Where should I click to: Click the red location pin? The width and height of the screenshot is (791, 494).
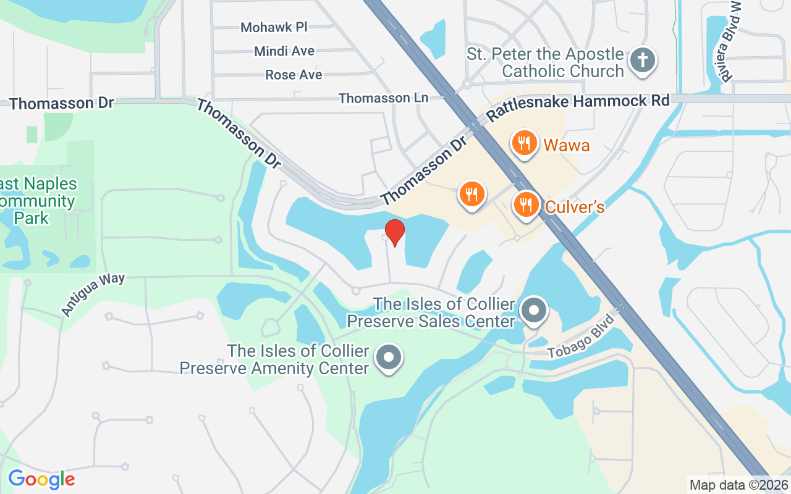[394, 232]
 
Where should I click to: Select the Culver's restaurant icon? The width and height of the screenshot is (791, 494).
[526, 203]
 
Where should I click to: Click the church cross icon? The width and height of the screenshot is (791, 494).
[642, 60]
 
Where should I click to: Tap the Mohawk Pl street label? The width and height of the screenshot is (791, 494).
[274, 27]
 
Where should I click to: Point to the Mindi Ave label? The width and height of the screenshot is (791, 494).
[284, 51]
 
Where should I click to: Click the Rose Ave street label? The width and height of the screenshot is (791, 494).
[294, 75]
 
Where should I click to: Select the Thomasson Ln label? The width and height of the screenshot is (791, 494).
[383, 98]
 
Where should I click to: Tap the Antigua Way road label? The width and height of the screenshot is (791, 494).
[93, 295]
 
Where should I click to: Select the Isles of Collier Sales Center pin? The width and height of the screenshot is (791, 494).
[535, 311]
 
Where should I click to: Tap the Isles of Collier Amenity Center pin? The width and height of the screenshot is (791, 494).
[389, 357]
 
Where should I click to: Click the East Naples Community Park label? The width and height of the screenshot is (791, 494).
[38, 201]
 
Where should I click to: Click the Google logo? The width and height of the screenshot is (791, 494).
[41, 479]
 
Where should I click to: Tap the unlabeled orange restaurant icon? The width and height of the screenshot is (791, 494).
[472, 195]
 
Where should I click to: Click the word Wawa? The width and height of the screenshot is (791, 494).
[567, 145]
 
